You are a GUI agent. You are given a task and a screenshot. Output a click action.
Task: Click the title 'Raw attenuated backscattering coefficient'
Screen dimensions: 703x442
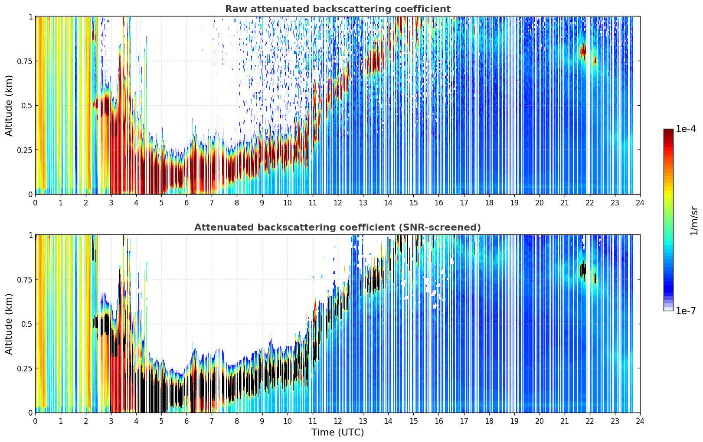[x=338, y=9]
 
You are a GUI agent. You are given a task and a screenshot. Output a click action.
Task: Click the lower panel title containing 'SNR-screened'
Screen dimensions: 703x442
[x=338, y=227]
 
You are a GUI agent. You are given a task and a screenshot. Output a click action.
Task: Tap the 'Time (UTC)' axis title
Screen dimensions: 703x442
[x=338, y=432]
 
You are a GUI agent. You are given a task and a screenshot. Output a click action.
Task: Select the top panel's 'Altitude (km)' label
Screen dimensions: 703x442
[x=9, y=106]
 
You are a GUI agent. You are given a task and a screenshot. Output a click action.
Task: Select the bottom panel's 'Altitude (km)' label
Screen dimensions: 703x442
[x=9, y=324]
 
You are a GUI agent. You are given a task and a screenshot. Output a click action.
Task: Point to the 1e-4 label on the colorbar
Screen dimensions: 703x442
[x=686, y=129]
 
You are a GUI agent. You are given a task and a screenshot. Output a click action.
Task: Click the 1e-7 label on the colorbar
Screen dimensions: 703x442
[x=686, y=311]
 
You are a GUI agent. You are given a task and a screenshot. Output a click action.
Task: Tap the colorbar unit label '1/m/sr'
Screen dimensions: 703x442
[x=694, y=221]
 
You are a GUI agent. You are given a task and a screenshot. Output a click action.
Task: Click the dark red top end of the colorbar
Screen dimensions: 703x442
[x=668, y=131]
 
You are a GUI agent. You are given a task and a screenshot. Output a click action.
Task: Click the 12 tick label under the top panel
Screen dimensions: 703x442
[x=338, y=203]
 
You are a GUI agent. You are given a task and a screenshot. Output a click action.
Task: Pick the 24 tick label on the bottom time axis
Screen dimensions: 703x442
[x=640, y=421]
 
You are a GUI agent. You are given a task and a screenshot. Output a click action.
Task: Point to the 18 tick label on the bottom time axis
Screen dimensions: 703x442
[x=489, y=421]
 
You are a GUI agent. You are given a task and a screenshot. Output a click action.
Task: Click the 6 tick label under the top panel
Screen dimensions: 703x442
[x=186, y=203]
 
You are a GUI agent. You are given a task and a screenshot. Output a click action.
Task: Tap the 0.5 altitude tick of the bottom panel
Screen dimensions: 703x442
[x=26, y=324]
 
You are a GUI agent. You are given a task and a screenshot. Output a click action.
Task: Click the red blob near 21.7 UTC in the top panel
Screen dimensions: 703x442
[x=583, y=51]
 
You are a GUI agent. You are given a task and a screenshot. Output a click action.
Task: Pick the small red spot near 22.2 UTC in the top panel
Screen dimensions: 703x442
[x=595, y=60]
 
